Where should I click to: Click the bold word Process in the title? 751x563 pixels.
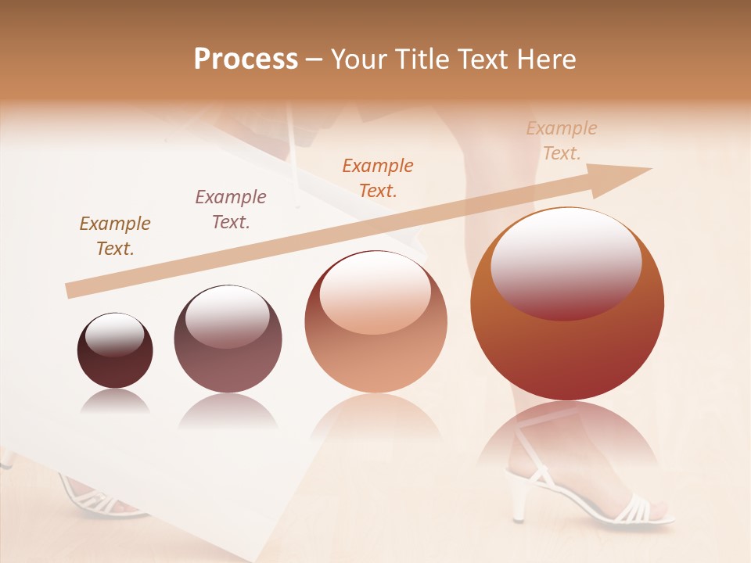pyautogui.click(x=246, y=59)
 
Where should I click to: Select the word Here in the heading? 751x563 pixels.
pyautogui.click(x=544, y=59)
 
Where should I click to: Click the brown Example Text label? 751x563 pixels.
pyautogui.click(x=115, y=236)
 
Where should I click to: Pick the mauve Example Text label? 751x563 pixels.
pyautogui.click(x=231, y=209)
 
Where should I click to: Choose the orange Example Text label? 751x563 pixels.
pyautogui.click(x=378, y=178)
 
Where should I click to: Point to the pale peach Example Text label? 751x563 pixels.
pyautogui.click(x=561, y=141)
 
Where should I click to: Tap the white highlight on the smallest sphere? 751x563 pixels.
pyautogui.click(x=114, y=335)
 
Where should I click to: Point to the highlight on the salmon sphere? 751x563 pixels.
pyautogui.click(x=375, y=292)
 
